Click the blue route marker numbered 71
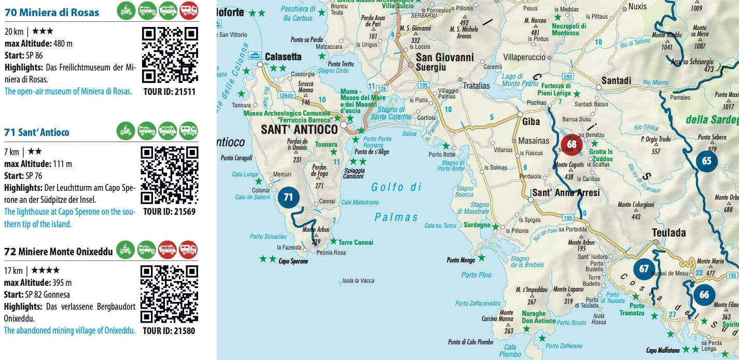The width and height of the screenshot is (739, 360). tap(288, 197)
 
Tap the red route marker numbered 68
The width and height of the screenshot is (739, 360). tap(572, 144)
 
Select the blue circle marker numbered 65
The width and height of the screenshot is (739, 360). tap(706, 161)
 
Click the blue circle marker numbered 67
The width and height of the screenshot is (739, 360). tap(644, 269)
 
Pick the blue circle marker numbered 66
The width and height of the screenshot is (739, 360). tap(704, 295)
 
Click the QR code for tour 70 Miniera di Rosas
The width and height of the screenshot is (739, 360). tap(170, 55)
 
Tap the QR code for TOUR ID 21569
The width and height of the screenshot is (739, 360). tap(170, 175)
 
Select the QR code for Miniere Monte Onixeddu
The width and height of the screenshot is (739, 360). tap(170, 294)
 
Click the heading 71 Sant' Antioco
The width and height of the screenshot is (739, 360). tap(36, 132)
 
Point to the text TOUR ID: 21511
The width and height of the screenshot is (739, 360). tap(170, 92)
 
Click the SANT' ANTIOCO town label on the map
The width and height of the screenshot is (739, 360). tap(299, 129)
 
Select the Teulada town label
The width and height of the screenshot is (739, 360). tap(668, 233)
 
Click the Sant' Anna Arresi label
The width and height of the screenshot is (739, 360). tap(566, 193)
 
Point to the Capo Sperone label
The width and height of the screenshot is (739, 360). tap(293, 261)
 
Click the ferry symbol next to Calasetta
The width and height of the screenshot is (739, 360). tap(255, 56)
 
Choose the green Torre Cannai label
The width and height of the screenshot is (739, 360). tap(355, 242)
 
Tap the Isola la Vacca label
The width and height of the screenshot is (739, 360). tap(358, 281)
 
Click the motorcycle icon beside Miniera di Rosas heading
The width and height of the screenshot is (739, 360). tap(125, 10)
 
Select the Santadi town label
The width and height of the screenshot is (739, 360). tap(616, 81)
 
